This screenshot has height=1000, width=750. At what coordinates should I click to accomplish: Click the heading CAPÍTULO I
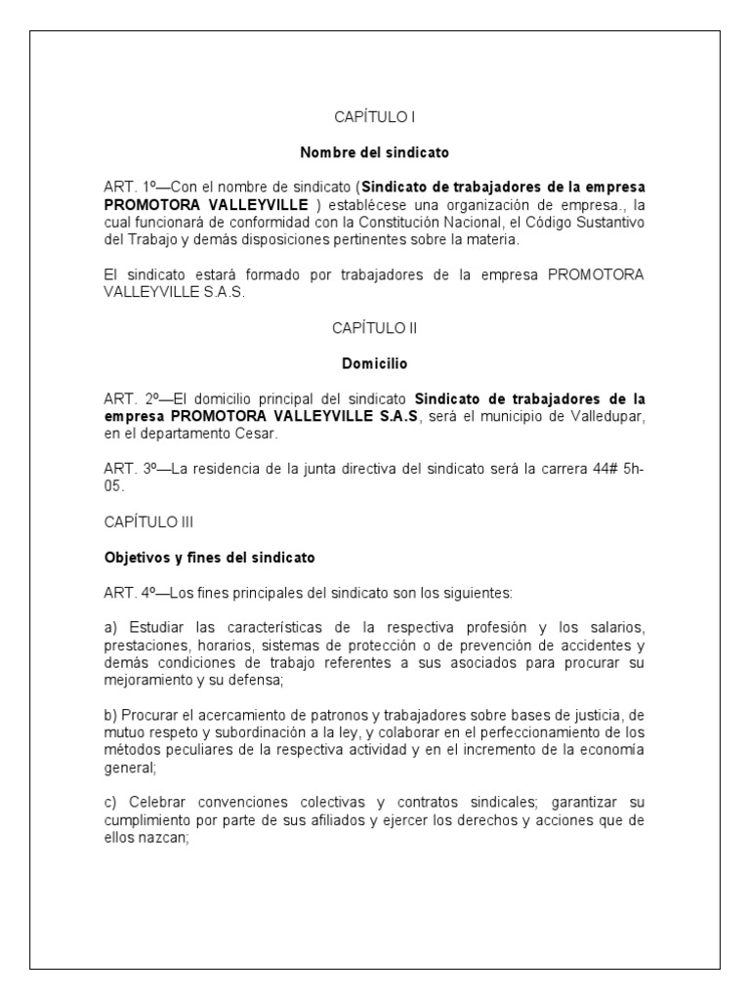coord(375,117)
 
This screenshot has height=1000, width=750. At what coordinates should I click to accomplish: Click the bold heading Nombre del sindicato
coord(375,152)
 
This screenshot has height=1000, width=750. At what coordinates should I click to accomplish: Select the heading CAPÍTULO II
coord(375,328)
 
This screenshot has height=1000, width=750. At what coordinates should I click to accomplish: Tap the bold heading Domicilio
coord(375,363)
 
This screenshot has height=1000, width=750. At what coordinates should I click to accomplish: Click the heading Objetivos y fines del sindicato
coord(210,558)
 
